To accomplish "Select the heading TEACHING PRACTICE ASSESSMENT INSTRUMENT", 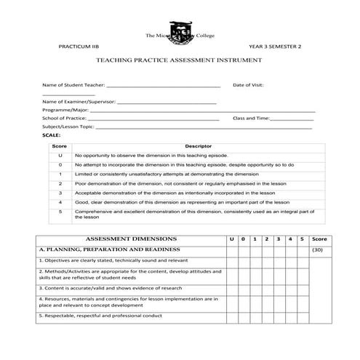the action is pyautogui.click(x=179, y=62).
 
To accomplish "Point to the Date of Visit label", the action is pyautogui.click(x=248, y=85).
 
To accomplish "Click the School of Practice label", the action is pyautogui.click(x=64, y=118).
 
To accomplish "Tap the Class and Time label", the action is pyautogui.click(x=251, y=118).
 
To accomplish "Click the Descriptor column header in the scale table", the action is pyautogui.click(x=198, y=146).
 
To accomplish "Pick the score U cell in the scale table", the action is pyautogui.click(x=60, y=156).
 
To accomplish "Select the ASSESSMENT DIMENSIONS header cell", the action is pyautogui.click(x=131, y=239).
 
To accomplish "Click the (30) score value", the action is pyautogui.click(x=317, y=249).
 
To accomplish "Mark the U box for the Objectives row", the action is pyautogui.click(x=231, y=260).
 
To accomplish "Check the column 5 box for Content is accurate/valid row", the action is pyautogui.click(x=303, y=288).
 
